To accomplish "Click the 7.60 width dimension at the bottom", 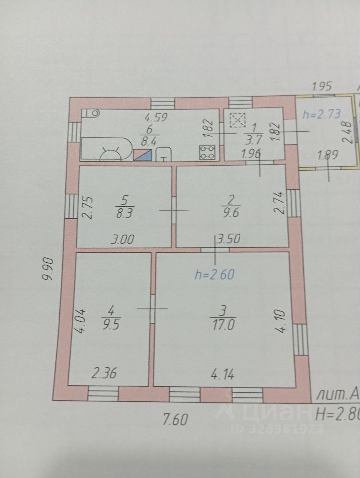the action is click(175, 420).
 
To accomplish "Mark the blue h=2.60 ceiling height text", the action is click(214, 273).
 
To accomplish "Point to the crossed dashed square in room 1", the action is click(238, 120).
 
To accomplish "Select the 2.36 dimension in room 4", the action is click(106, 372).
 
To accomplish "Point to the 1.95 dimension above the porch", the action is click(322, 86).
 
